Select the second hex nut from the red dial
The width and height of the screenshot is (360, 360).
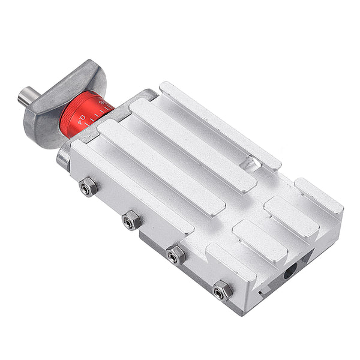pyautogui.click(x=131, y=221)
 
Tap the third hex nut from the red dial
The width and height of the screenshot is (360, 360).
pyautogui.click(x=175, y=255)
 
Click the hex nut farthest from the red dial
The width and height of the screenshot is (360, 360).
pyautogui.click(x=222, y=290)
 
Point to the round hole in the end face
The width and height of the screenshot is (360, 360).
pyautogui.click(x=290, y=272)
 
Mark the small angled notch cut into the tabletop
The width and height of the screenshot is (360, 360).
pyautogui.click(x=248, y=164)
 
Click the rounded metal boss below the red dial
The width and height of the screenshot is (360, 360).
pyautogui.click(x=63, y=157)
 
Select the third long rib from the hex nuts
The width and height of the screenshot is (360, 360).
pyautogui.click(x=192, y=144)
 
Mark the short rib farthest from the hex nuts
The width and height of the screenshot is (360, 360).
pyautogui.click(x=319, y=196)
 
